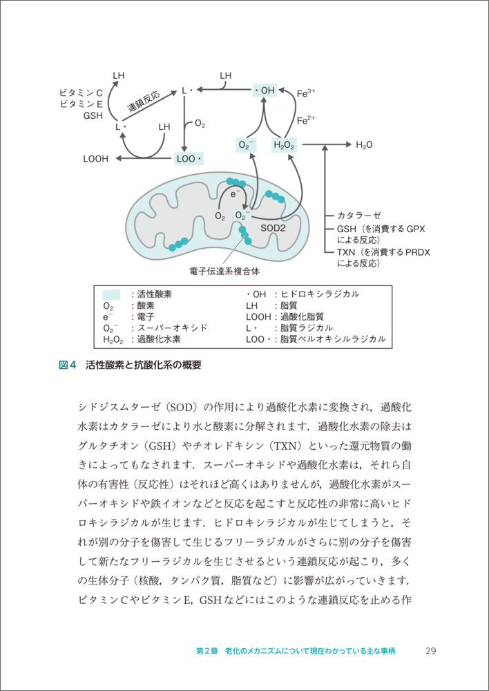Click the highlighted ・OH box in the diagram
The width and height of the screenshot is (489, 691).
click(263, 91)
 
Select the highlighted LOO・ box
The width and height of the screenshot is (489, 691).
click(189, 158)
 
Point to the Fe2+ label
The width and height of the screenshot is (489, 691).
click(306, 120)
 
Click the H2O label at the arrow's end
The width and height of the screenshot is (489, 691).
click(364, 145)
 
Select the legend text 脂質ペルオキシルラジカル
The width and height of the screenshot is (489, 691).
click(331, 339)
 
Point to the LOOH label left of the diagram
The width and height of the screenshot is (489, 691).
click(96, 158)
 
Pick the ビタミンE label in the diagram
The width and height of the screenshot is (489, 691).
click(81, 104)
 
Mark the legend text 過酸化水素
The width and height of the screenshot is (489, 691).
click(158, 339)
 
